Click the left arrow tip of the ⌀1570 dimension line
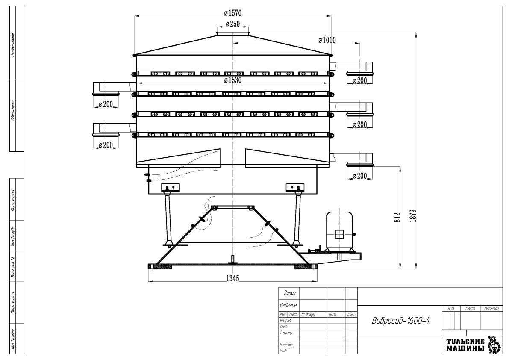135,15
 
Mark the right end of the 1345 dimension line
317,281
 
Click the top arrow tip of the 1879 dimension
416,32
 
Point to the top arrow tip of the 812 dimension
400,167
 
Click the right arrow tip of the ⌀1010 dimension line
360,43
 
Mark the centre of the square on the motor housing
339,234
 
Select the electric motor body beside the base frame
339,231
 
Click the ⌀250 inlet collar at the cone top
233,33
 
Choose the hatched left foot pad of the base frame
160,266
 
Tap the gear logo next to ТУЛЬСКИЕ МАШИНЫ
494,345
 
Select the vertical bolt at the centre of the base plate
233,260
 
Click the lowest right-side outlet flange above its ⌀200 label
360,165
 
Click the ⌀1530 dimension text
233,80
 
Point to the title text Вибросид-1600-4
401,321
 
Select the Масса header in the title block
470,309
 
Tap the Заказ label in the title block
290,293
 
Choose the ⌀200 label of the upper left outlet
106,104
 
